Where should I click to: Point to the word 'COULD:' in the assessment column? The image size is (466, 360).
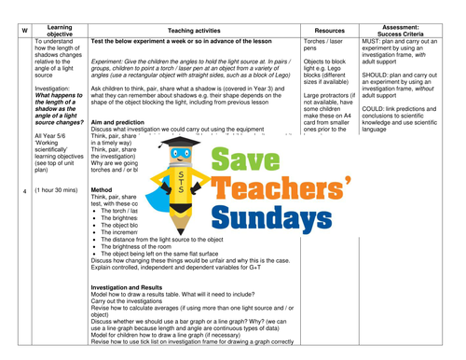(375, 109)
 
